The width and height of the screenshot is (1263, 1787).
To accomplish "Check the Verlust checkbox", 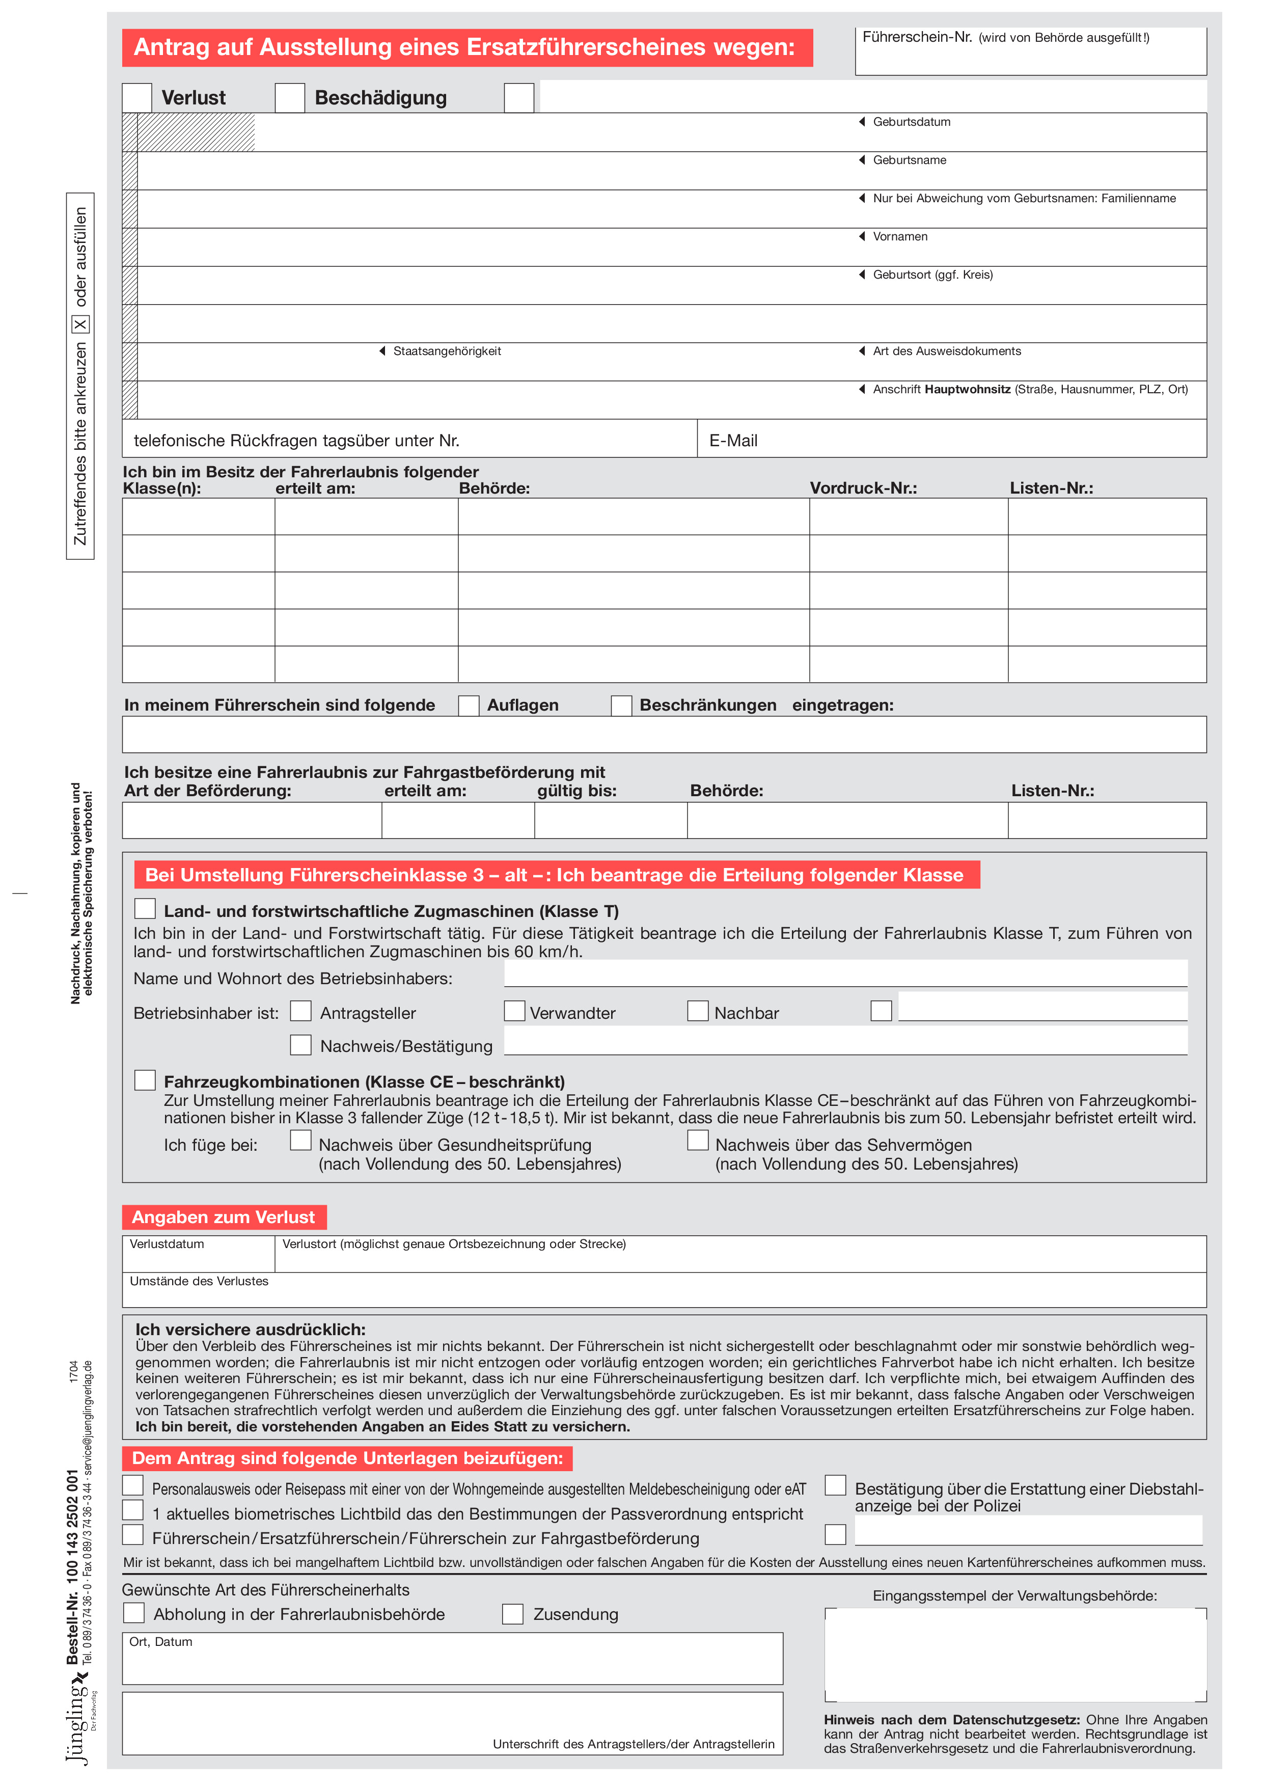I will (137, 98).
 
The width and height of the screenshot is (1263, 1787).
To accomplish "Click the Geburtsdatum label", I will (911, 122).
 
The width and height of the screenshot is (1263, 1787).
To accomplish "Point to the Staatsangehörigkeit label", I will (446, 351).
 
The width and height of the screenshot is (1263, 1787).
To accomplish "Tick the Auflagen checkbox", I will (469, 705).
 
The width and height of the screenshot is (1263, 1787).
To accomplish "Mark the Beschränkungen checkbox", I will (621, 705).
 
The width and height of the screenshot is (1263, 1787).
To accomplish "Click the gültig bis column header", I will (576, 791).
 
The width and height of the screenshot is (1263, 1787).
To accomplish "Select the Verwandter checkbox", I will (514, 1011).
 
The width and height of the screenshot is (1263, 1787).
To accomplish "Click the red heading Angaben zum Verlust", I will (224, 1217).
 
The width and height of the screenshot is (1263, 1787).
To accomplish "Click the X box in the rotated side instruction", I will (80, 324).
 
